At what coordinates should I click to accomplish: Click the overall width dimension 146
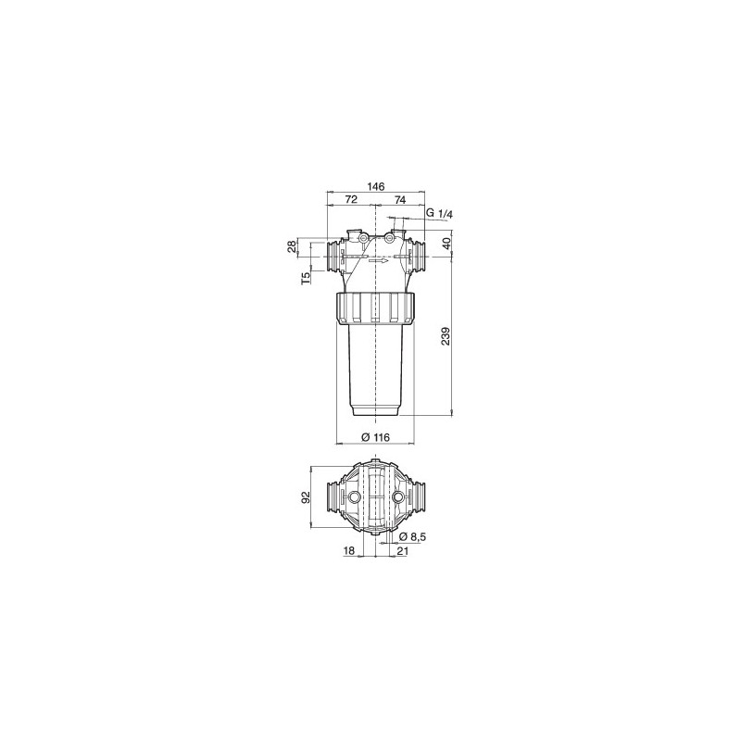pyautogui.click(x=375, y=186)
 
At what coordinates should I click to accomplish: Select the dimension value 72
pyautogui.click(x=351, y=200)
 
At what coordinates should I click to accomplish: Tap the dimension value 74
pyautogui.click(x=399, y=200)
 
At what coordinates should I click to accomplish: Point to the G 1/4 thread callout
pyautogui.click(x=439, y=214)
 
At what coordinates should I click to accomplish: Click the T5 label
pyautogui.click(x=306, y=278)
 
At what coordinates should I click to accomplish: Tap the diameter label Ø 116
pyautogui.click(x=375, y=436)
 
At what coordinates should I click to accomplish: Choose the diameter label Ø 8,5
pyautogui.click(x=413, y=537)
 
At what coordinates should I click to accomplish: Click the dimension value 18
pyautogui.click(x=348, y=551)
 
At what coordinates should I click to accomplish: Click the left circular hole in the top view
pyautogui.click(x=355, y=498)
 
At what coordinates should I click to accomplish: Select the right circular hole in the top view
pyautogui.click(x=398, y=498)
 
